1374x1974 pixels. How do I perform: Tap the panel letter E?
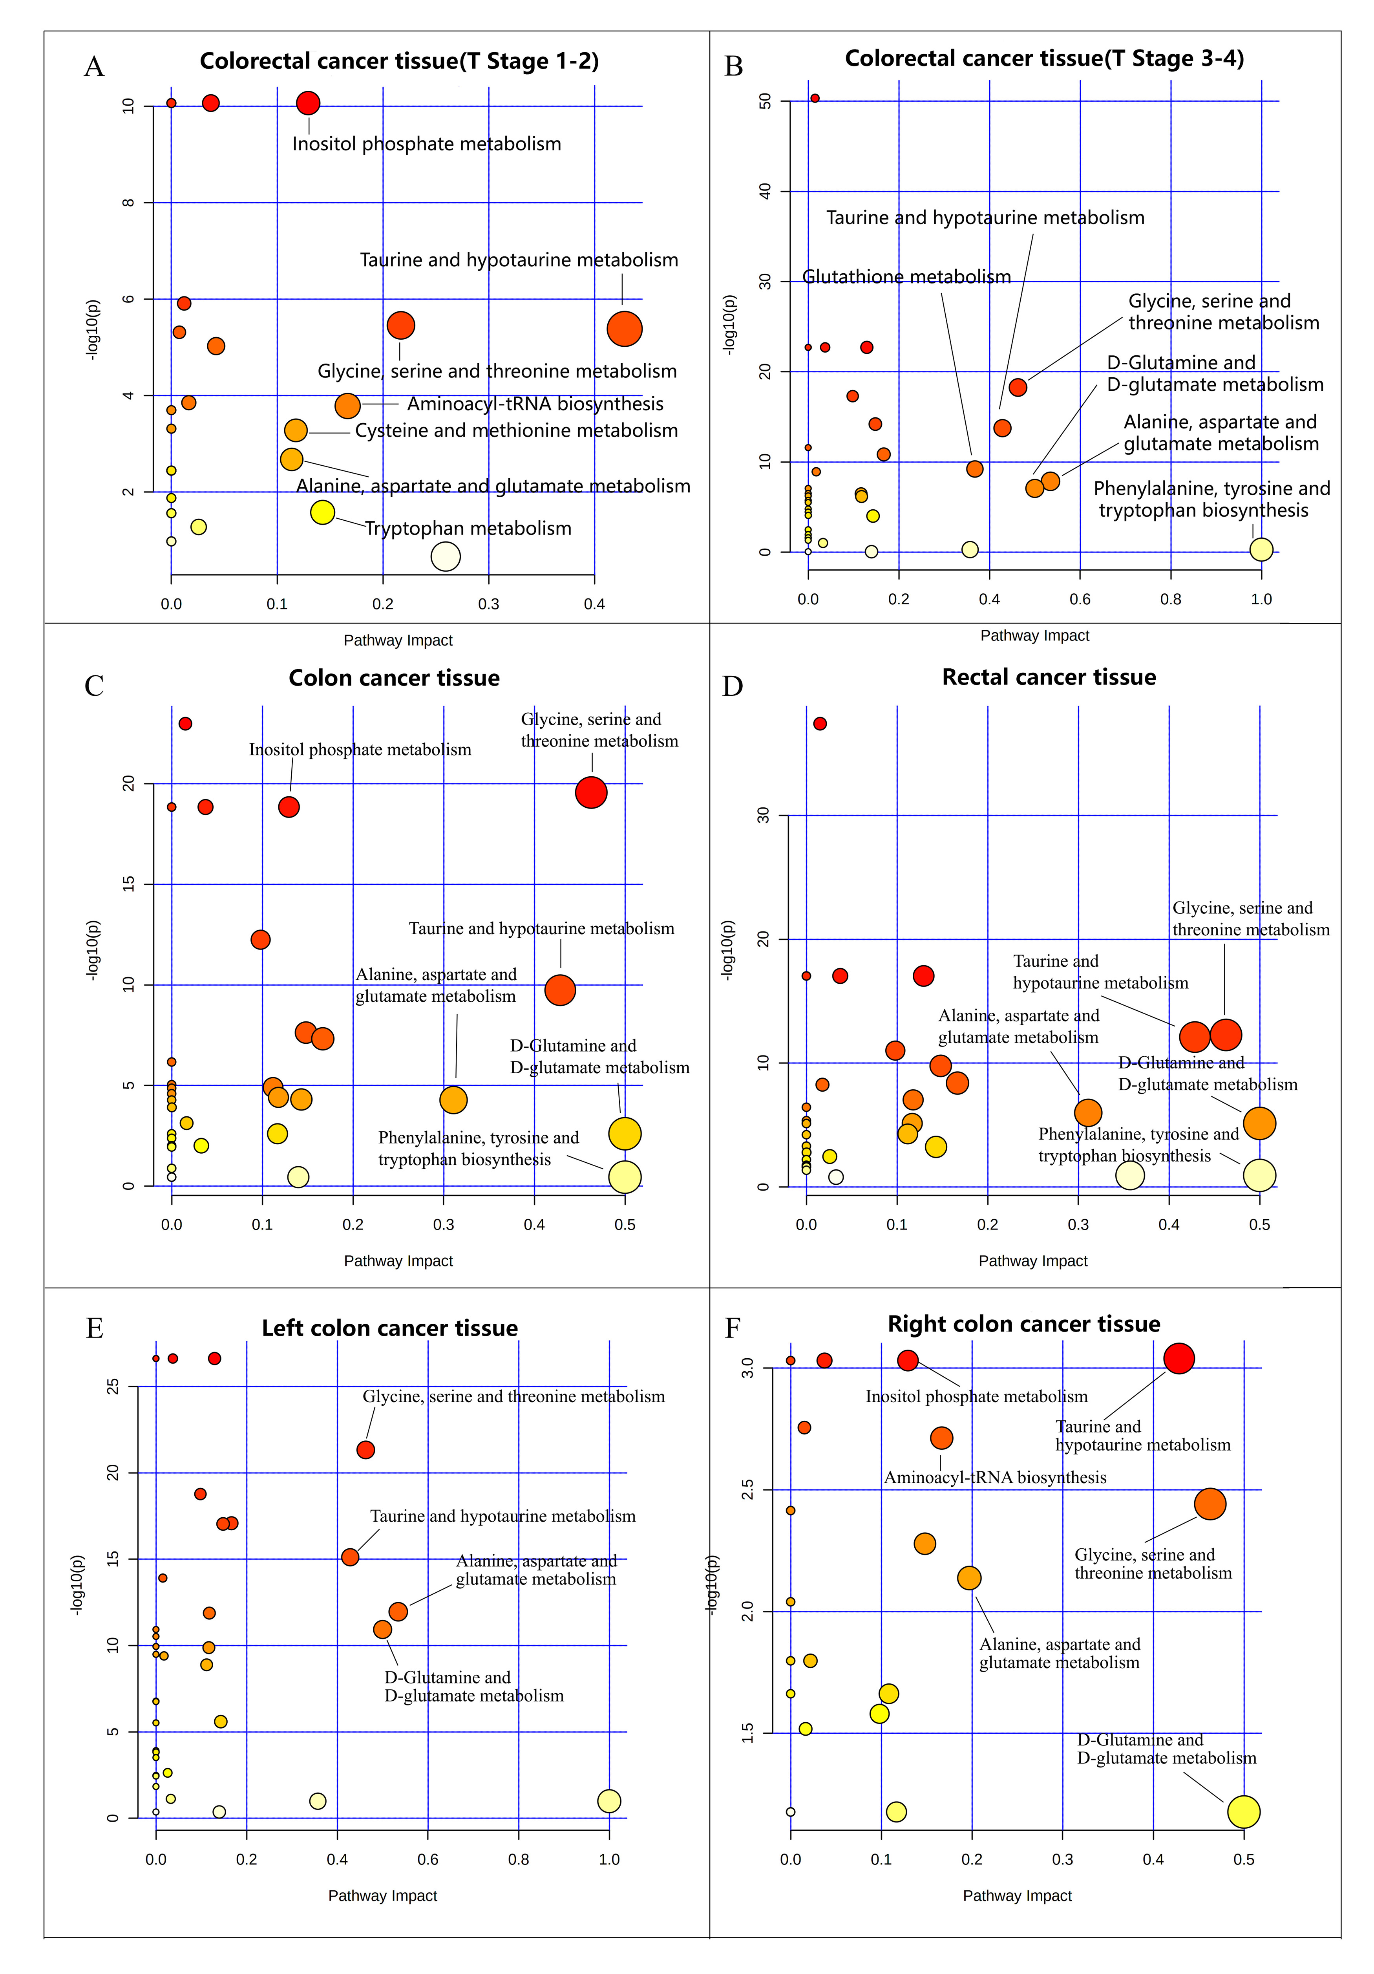tap(95, 1328)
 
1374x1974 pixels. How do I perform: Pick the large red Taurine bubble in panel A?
tap(624, 328)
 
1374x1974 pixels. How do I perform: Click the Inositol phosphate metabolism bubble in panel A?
tap(308, 103)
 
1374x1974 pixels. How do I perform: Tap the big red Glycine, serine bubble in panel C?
tap(590, 792)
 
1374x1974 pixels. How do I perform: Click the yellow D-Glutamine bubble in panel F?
tap(1242, 1811)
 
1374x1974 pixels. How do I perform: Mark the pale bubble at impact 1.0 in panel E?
tap(608, 1800)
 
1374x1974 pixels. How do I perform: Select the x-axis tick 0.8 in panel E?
tap(518, 1859)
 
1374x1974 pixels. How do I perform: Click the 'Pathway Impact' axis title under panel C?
tap(398, 1261)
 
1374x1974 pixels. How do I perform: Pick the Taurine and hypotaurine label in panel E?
tap(502, 1516)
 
